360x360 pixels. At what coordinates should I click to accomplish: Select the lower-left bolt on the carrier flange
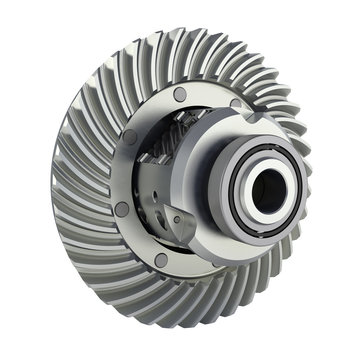[121, 211]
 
